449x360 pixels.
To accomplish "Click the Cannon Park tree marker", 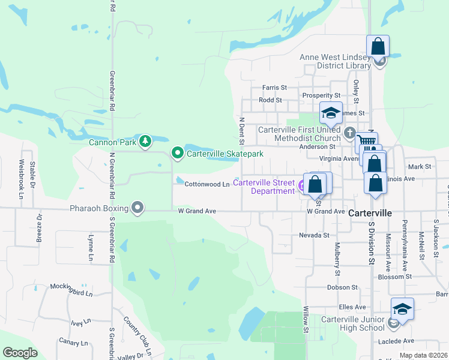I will (145, 142).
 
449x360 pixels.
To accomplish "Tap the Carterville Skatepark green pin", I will (177, 154).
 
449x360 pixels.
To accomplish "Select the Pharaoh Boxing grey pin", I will (137, 208).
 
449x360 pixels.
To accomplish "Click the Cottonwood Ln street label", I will (207, 184).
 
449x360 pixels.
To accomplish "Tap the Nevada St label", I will (314, 236).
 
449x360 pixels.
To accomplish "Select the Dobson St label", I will (343, 287).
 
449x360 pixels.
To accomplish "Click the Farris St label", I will (274, 88).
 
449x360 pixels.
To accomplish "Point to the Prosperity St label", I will (321, 95).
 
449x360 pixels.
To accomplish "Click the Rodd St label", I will (270, 100).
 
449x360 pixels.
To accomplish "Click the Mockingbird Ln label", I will (71, 294).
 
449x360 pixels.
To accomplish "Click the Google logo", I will (20, 353).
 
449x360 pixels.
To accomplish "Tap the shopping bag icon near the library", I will (378, 46).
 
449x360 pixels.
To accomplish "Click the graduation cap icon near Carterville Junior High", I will (403, 309).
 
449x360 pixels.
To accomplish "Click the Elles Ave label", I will (348, 307).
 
